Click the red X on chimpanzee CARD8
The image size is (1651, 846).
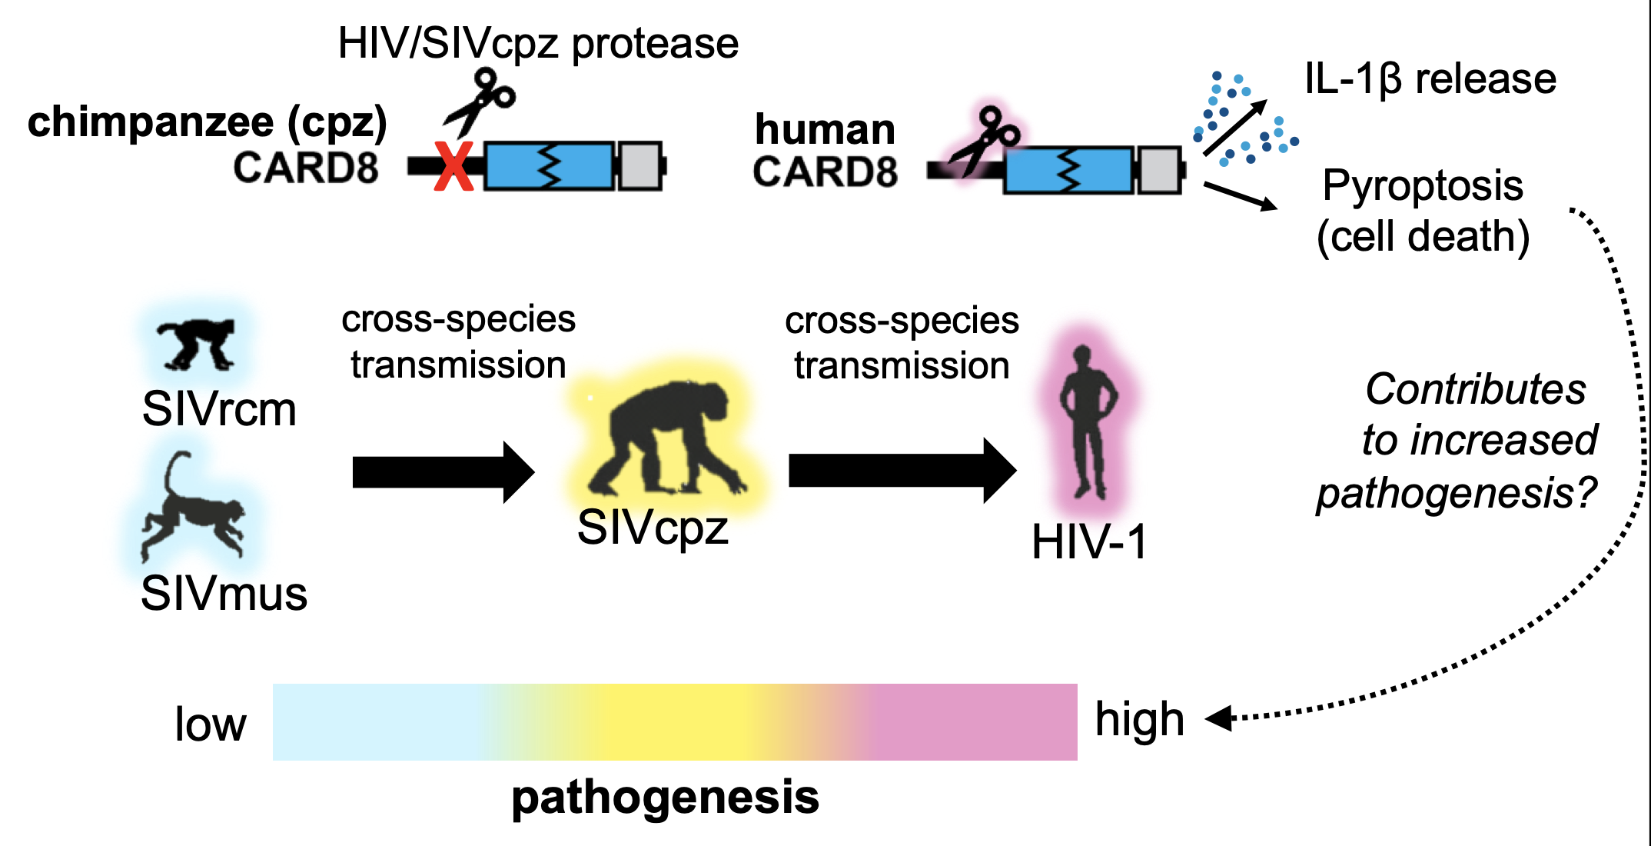[x=453, y=166]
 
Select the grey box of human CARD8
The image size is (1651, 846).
[x=1159, y=170]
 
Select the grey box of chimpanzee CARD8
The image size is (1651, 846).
[x=639, y=165]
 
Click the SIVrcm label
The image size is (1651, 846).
[x=219, y=408]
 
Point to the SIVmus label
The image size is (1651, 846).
[x=224, y=593]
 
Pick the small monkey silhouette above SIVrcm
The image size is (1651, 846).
[x=197, y=343]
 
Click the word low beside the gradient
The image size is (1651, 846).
[x=210, y=724]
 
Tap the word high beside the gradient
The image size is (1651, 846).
[x=1139, y=719]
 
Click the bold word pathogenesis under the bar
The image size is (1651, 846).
[x=665, y=797]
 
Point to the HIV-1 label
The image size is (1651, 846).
[x=1089, y=541]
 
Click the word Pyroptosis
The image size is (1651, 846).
[x=1422, y=185]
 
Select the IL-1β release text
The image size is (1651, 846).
[x=1430, y=78]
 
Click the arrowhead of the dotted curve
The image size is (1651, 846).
[x=1218, y=718]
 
